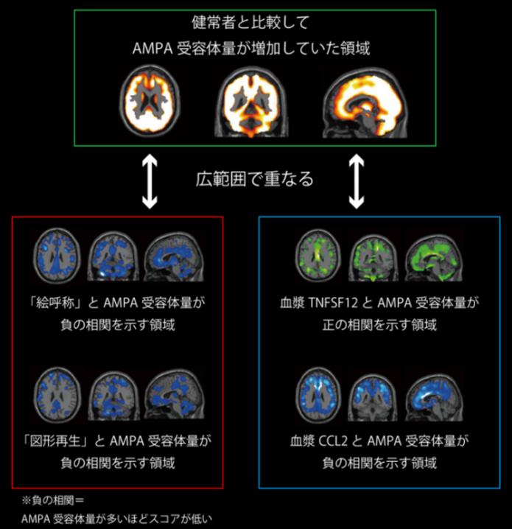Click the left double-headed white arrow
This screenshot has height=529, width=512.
150,182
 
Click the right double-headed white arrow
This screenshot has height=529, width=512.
357,182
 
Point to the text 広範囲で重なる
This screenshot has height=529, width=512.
254,178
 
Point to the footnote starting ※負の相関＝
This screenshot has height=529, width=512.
54,502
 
